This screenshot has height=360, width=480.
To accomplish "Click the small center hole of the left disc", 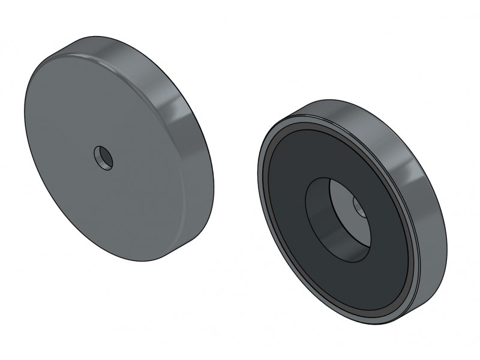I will [x=103, y=158].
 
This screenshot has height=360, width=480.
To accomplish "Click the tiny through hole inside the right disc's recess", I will [x=360, y=208].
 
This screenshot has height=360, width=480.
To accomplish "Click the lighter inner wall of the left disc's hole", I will [x=106, y=160].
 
